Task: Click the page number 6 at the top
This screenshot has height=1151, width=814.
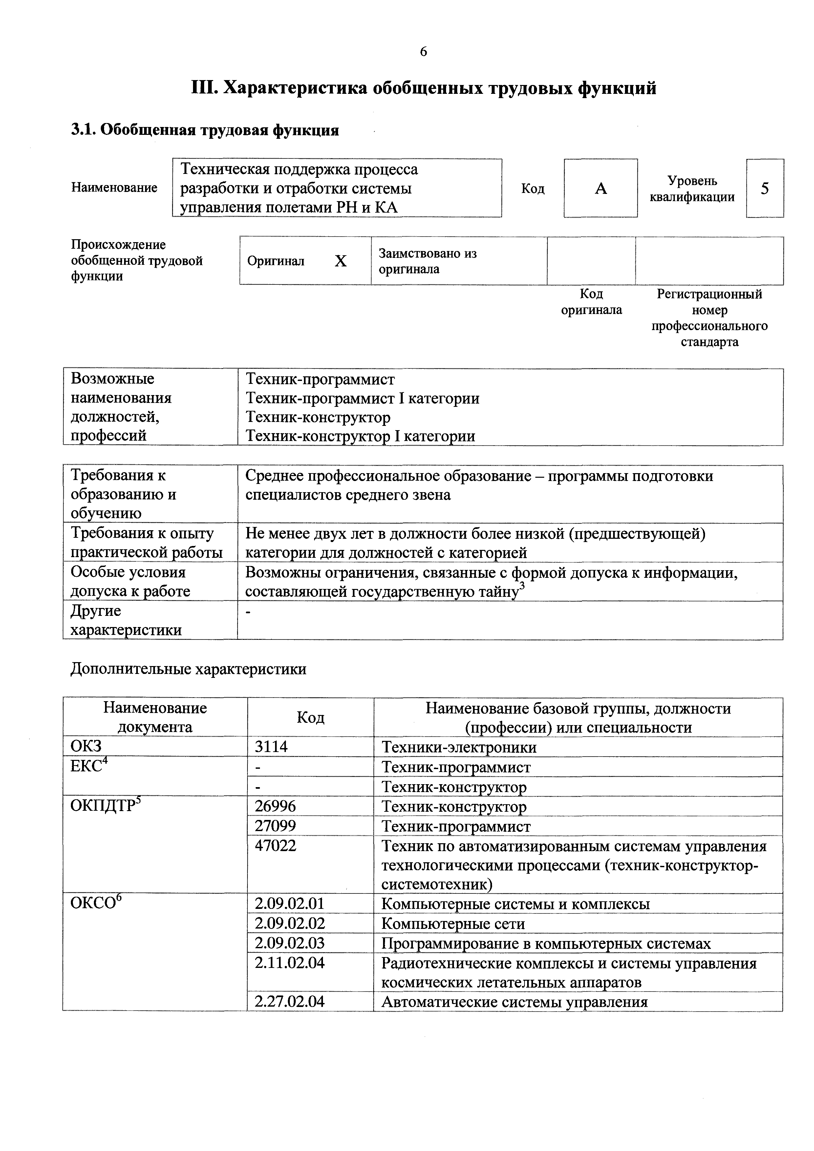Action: click(x=423, y=52)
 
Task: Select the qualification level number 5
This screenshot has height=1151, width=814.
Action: click(x=764, y=188)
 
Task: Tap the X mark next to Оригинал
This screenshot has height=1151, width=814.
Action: click(x=341, y=261)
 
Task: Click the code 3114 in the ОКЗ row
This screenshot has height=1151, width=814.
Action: click(x=271, y=746)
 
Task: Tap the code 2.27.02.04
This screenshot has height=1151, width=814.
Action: click(x=289, y=1002)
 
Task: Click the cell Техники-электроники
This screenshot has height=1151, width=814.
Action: click(x=459, y=747)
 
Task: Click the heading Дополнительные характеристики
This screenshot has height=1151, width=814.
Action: click(x=188, y=669)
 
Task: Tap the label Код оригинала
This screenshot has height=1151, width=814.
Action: click(x=591, y=302)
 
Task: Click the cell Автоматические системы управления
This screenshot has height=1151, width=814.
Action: click(x=515, y=1002)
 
